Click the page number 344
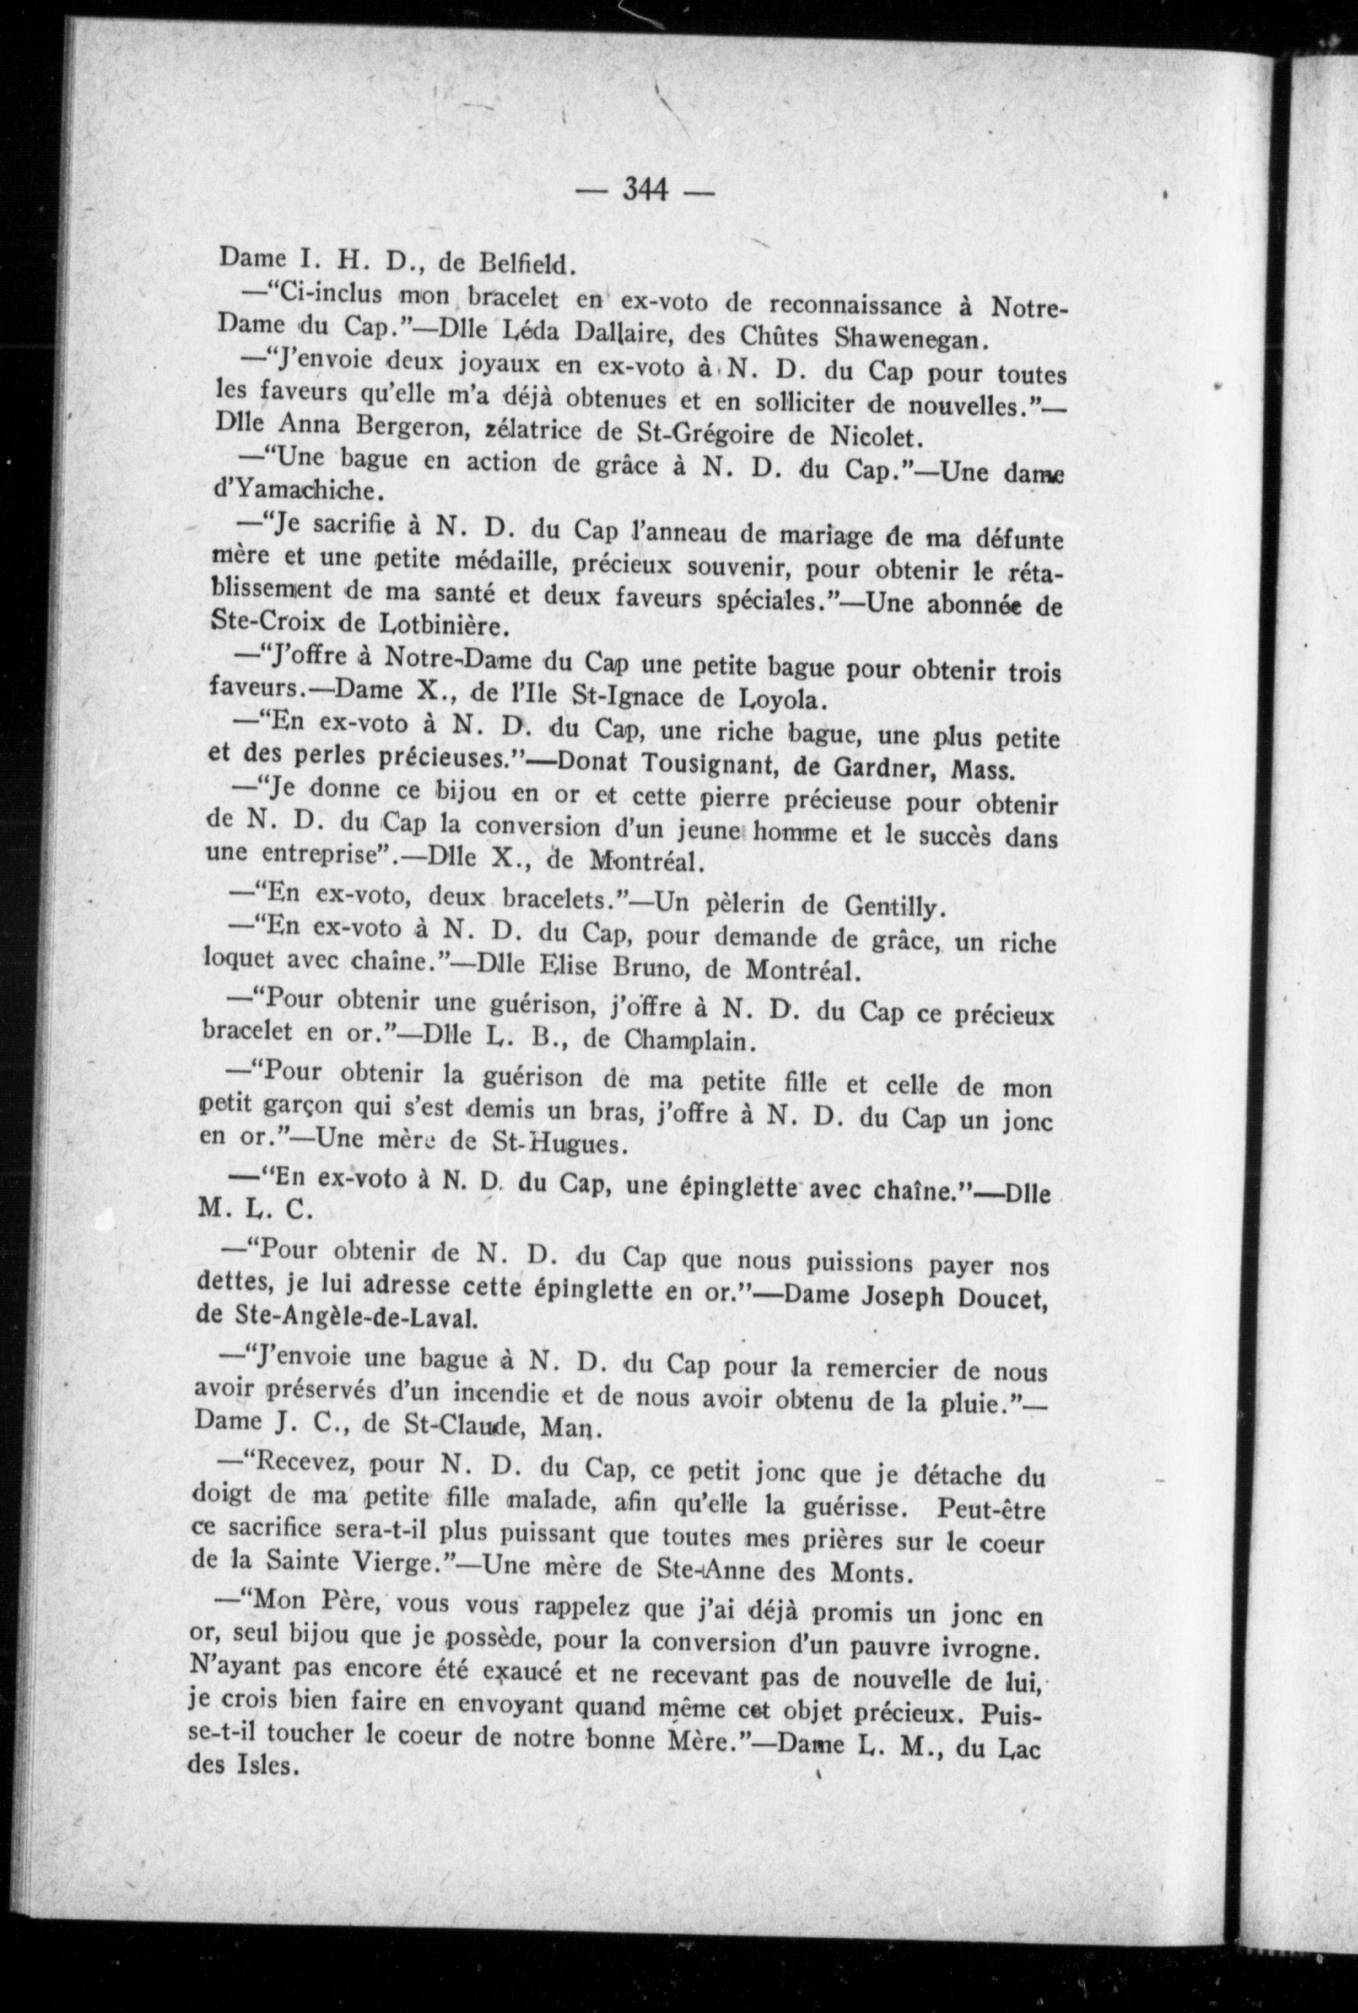(645, 190)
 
